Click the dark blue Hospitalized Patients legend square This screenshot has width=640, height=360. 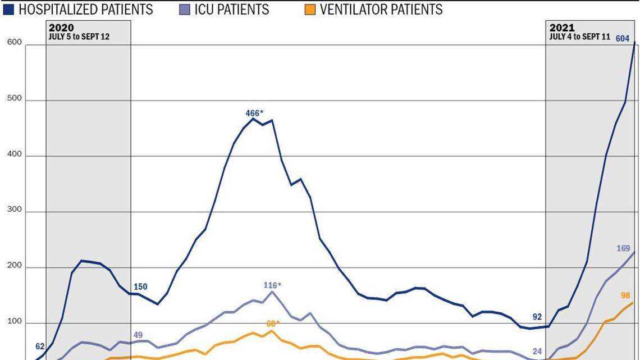click(x=9, y=10)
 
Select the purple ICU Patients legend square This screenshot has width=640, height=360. click(x=186, y=10)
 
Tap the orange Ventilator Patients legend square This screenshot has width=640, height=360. click(x=310, y=10)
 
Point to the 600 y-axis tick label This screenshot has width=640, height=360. click(x=14, y=43)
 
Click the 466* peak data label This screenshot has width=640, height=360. click(x=254, y=113)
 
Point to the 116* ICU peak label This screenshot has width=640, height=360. click(x=272, y=285)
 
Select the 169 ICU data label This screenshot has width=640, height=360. click(x=623, y=248)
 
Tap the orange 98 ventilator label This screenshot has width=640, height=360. click(x=625, y=295)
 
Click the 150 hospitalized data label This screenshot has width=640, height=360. click(x=140, y=286)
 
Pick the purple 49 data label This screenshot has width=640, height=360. click(x=138, y=335)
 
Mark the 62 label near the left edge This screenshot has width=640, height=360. click(x=39, y=347)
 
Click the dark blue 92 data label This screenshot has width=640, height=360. click(x=537, y=317)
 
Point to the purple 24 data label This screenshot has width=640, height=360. click(x=537, y=352)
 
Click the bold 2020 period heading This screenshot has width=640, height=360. click(x=61, y=28)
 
